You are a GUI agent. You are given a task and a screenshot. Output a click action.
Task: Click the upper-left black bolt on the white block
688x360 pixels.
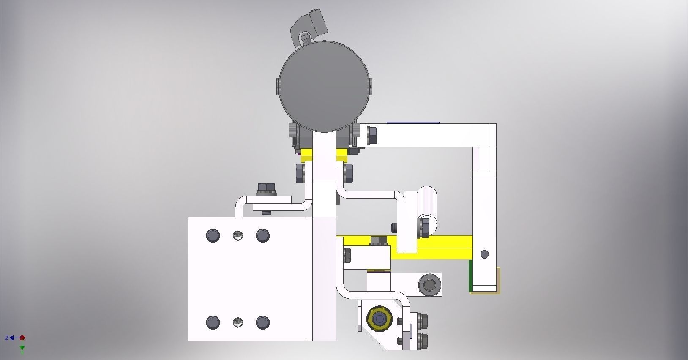(x=213, y=235)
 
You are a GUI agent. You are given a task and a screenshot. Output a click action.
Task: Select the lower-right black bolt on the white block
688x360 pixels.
(x=262, y=323)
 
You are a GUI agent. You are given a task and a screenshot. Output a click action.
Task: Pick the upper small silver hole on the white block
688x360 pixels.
(x=238, y=235)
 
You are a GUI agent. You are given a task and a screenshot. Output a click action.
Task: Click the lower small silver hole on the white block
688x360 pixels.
(x=238, y=323)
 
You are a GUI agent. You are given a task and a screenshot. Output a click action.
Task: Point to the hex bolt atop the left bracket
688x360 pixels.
(x=266, y=189)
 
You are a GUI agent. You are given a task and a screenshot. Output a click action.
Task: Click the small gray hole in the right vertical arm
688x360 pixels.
(x=485, y=254)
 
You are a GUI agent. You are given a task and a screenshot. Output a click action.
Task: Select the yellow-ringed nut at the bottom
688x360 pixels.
(x=378, y=318)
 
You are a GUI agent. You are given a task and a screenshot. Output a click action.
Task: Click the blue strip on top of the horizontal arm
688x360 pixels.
(x=413, y=123)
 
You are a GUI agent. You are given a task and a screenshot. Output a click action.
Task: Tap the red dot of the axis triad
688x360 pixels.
(x=22, y=338)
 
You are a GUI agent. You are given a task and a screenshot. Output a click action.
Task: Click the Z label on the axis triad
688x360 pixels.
(x=7, y=338)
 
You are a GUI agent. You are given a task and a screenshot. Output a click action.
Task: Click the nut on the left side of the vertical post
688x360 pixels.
(x=299, y=173)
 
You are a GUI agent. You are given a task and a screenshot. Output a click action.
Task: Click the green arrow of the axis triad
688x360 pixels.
(x=22, y=349)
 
